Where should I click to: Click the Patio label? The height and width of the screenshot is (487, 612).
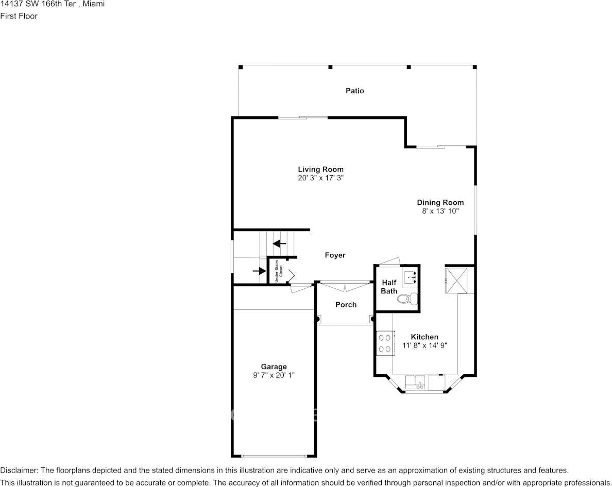355,91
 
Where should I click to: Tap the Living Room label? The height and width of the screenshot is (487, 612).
321,169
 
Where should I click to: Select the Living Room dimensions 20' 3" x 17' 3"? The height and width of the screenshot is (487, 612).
320,178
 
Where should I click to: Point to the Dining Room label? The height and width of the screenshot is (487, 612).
440,202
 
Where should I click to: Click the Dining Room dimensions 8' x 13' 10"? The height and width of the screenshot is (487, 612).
440,211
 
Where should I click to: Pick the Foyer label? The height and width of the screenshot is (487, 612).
335,255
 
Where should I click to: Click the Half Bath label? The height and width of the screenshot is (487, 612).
389,287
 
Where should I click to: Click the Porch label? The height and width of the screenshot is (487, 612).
346,305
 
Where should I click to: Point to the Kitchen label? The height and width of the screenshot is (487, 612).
424,337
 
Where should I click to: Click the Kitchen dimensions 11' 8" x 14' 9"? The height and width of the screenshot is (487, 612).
424,345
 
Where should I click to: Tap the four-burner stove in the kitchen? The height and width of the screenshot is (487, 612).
385,343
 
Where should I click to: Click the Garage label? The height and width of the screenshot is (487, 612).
274,367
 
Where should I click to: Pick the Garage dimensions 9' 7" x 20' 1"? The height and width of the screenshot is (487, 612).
274,375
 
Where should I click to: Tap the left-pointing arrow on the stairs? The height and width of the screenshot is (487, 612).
279,243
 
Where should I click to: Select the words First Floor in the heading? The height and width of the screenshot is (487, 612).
19,16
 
